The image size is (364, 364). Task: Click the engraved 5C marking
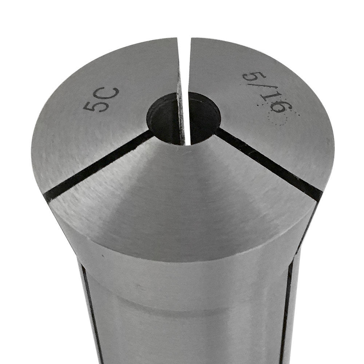[101, 99]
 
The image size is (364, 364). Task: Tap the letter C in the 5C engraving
[110, 94]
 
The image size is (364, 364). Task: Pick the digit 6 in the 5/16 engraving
[282, 108]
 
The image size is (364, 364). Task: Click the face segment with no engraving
[182, 189]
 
